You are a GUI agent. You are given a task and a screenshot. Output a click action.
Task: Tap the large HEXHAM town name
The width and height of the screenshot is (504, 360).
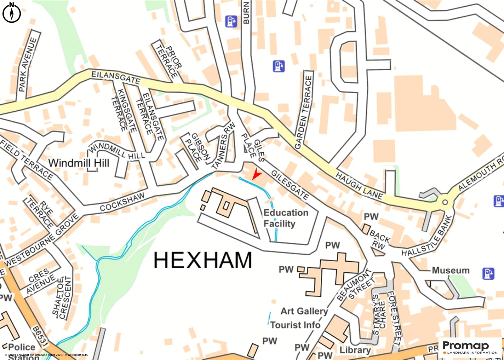click(203, 260)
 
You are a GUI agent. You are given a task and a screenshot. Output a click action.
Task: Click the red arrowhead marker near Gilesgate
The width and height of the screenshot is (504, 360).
click(256, 174)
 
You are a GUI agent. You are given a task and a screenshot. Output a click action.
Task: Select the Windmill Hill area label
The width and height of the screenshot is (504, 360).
click(79, 163)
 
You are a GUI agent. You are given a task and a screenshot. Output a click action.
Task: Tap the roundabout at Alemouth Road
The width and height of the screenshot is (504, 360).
click(445, 202)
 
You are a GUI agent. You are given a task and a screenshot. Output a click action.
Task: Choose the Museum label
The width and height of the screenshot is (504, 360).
click(450, 270)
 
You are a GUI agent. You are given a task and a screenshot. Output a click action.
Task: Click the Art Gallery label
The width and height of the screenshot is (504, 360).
click(304, 311)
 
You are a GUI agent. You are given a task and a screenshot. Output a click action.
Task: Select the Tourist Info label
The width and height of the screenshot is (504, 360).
click(295, 325)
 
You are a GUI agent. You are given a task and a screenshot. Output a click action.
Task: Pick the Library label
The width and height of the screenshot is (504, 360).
click(355, 350)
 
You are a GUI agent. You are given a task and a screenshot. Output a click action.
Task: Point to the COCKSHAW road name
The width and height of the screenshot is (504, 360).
click(122, 202)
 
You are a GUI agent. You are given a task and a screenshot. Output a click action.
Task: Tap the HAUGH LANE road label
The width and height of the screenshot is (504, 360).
click(359, 186)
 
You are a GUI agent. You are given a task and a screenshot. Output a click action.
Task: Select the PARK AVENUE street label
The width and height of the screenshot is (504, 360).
click(28, 64)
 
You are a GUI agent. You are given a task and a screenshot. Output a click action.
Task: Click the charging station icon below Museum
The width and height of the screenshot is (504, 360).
click(488, 273)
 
